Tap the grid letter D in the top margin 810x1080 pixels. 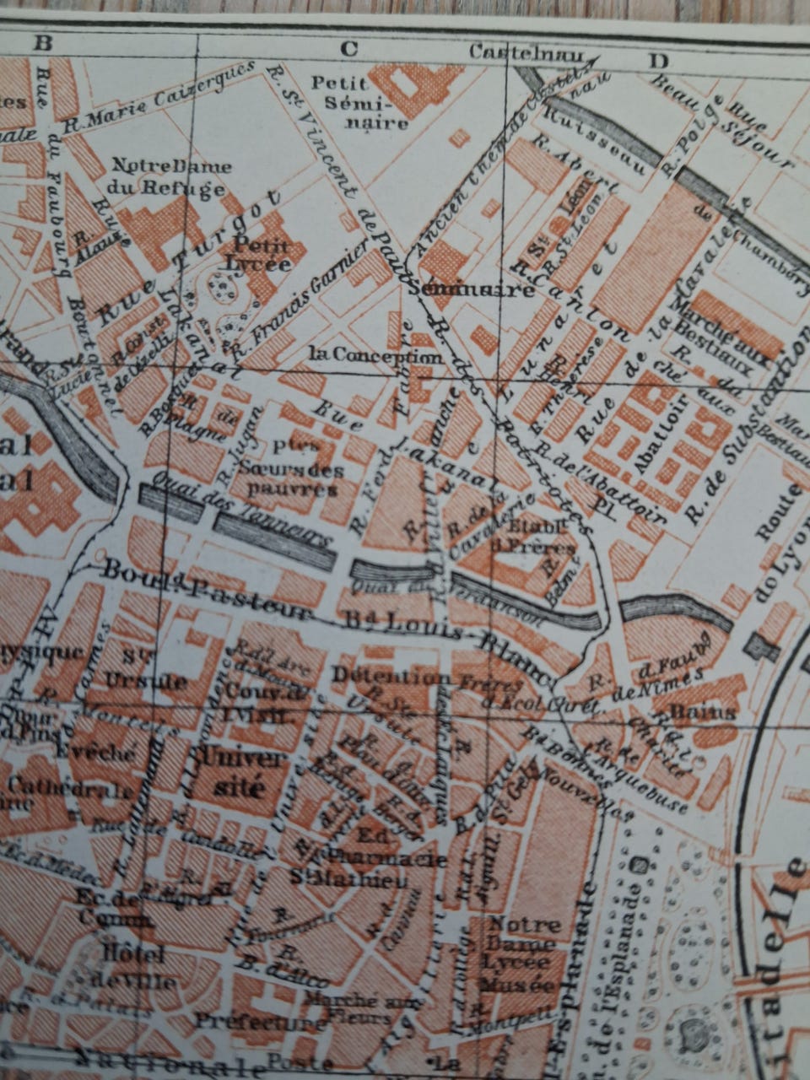click(x=659, y=60)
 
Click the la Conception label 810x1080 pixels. click(x=375, y=356)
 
